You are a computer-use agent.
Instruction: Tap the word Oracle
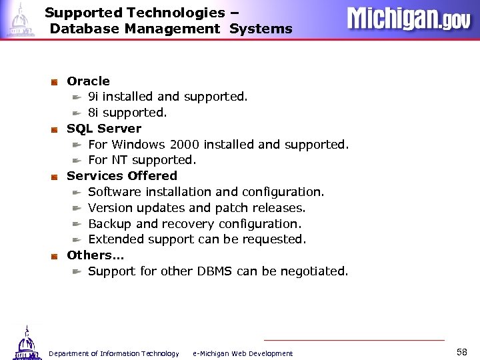point(88,81)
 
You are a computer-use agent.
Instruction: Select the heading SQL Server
point(104,128)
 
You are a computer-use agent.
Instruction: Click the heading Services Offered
point(122,176)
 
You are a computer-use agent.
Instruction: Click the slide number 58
point(462,351)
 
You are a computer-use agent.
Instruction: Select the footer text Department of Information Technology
point(114,353)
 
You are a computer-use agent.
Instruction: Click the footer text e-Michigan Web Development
point(243,353)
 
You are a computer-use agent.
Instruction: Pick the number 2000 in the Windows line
point(185,145)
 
